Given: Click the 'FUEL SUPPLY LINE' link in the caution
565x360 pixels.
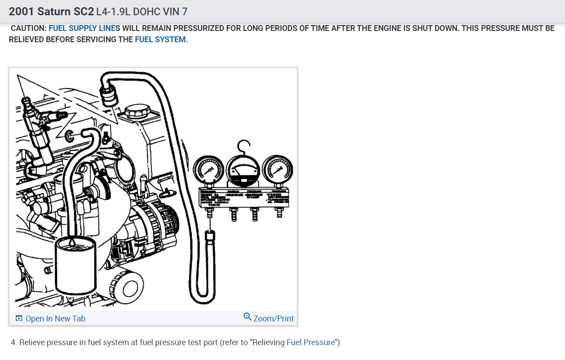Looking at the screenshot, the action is pos(82,28).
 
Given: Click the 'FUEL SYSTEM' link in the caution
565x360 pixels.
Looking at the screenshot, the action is pos(160,40).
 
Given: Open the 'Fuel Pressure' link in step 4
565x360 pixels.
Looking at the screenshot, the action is pos(311,342).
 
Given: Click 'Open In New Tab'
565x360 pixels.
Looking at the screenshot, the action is pos(55,319).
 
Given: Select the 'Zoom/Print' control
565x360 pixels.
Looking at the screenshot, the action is pos(273,319).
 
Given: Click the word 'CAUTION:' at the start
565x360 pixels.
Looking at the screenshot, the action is pos(28,28).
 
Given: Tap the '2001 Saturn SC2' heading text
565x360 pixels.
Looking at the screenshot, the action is pos(51,11).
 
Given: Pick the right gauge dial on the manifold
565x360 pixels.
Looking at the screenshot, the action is pos(277,169).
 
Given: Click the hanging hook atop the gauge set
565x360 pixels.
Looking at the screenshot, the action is pos(243,146).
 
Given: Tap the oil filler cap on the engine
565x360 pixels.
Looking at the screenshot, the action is pos(137,111).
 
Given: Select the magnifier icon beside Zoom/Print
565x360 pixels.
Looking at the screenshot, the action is pos(247,317).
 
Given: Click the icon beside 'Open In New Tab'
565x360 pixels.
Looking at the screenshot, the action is pos(19,319).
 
